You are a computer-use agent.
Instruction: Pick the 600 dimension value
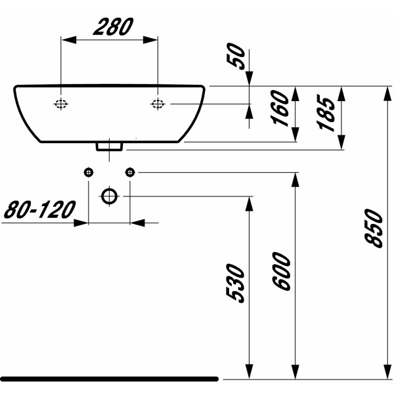(x=281, y=271)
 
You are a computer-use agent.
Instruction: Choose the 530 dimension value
(x=236, y=284)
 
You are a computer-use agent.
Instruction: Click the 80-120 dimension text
(x=38, y=210)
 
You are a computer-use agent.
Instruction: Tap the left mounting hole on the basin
(x=61, y=104)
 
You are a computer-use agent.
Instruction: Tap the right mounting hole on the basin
(x=158, y=104)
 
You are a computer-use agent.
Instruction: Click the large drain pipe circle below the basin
(x=109, y=196)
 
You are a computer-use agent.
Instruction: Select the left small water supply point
(x=89, y=172)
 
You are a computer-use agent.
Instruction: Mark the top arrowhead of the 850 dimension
(x=386, y=93)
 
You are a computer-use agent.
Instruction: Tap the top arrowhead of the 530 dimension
(x=249, y=203)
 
